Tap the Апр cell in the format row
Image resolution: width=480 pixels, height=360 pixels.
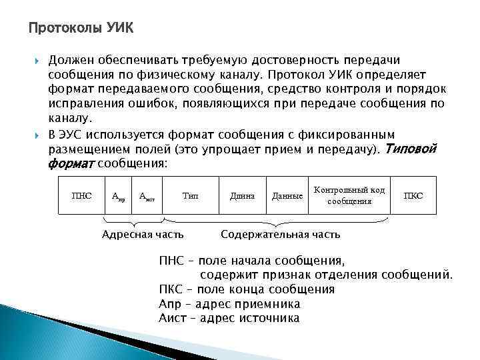pos(118,195)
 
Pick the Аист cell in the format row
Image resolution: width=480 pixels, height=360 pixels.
pos(147,195)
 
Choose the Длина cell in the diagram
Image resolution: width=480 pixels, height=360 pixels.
pos(242,195)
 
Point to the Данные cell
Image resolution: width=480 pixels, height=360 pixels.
pos(287,195)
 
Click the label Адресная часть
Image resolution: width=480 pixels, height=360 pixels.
pos(142,234)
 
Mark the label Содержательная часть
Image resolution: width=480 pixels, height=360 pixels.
pos(280,234)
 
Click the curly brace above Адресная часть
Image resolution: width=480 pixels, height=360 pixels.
pos(132,221)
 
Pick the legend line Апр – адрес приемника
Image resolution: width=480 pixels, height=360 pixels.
pos(229,304)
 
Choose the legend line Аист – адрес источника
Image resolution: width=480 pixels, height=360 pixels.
pos(229,318)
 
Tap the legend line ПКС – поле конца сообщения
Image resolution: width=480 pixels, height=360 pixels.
pos(247,289)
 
